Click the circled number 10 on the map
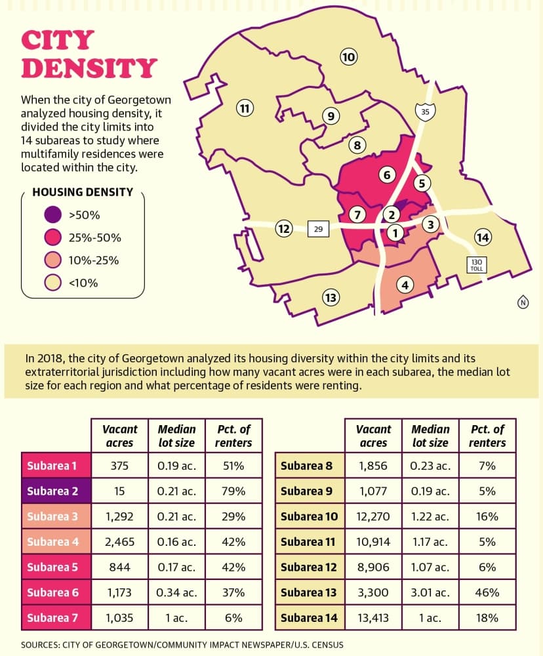point(348,56)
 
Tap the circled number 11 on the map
point(245,109)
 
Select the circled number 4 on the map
point(405,285)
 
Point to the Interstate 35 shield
point(425,112)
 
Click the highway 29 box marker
point(318,229)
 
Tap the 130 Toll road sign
point(477,265)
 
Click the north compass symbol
point(523,302)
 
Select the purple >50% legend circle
point(52,215)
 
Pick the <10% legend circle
point(52,283)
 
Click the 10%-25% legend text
point(94,260)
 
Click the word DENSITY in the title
point(89,68)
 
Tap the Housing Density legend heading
point(83,192)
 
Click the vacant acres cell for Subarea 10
point(372,516)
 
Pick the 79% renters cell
point(233,491)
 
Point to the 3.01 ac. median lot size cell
point(430,592)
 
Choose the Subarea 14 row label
point(310,617)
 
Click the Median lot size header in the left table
point(176,436)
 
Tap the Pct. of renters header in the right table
point(487,436)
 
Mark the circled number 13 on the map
point(331,297)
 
